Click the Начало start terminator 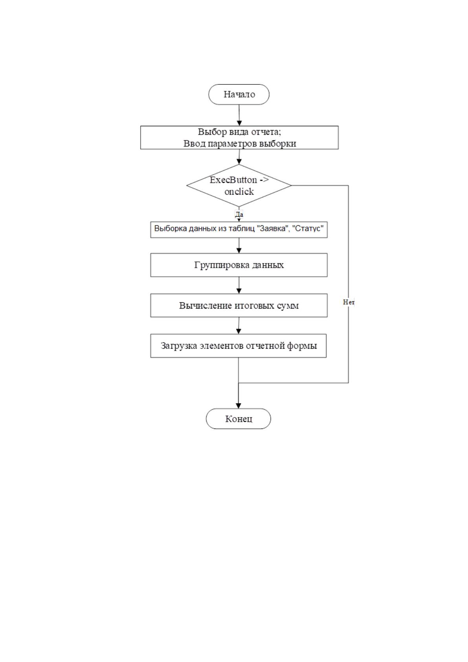239,94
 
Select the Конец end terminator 239,419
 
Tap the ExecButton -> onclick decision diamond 239,186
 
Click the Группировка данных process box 239,265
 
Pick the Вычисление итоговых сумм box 239,305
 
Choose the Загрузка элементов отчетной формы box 239,346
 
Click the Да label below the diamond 239,214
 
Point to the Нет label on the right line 349,302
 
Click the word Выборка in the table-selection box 168,228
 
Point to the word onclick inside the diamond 239,191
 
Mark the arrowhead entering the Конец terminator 239,405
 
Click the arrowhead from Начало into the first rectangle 239,123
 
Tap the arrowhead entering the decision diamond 239,161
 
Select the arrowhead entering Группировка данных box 239,250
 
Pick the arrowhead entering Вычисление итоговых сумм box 239,291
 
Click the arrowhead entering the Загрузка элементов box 239,331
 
